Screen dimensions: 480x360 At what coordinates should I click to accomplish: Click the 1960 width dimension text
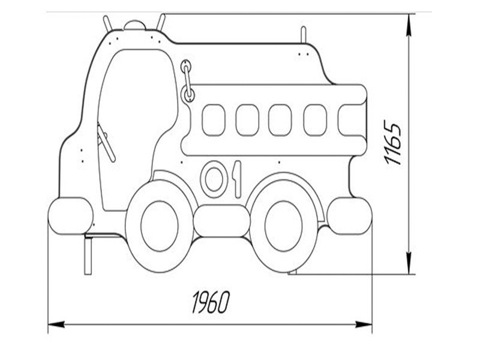click(211, 302)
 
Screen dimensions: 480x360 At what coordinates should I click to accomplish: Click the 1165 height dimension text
click(393, 144)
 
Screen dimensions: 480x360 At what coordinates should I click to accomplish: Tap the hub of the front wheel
click(160, 226)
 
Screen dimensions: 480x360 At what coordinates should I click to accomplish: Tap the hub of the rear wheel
click(284, 226)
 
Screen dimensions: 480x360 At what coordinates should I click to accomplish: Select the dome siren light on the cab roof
click(134, 25)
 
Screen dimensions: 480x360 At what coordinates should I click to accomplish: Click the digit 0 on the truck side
click(214, 179)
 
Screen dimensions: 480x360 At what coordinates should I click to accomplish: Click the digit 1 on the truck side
click(237, 179)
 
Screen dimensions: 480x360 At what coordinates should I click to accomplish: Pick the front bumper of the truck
click(71, 216)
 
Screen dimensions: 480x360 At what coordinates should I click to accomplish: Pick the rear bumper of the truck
click(350, 216)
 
